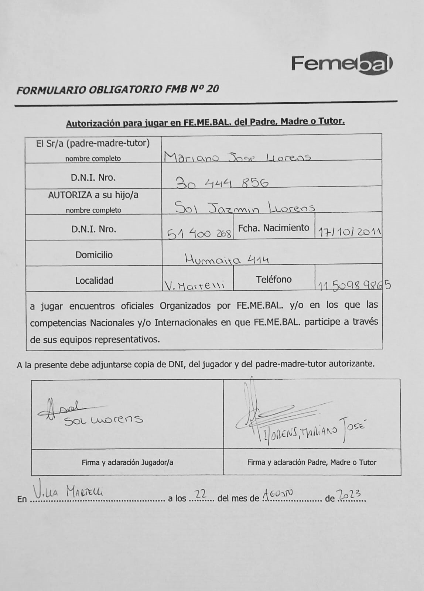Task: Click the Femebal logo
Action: (x=342, y=63)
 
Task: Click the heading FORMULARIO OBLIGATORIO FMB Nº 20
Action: (x=117, y=89)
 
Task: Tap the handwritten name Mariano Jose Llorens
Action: (x=237, y=157)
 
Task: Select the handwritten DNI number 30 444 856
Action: (x=222, y=182)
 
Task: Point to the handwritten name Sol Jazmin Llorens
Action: (x=245, y=208)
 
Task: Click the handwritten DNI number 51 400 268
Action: (x=199, y=233)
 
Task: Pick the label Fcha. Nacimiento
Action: (x=273, y=228)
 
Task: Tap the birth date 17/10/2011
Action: (x=349, y=232)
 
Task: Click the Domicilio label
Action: (x=94, y=254)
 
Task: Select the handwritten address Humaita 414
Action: (x=227, y=260)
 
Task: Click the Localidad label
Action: (x=94, y=280)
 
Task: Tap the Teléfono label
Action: (x=274, y=280)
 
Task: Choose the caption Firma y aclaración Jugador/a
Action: (x=127, y=462)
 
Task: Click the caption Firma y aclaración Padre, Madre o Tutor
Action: (x=312, y=462)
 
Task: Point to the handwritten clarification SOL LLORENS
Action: (x=103, y=420)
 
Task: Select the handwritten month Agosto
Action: (x=277, y=493)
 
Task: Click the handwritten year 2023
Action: (x=349, y=494)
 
